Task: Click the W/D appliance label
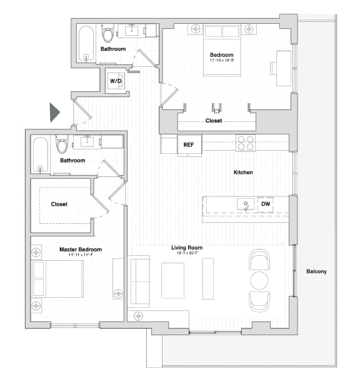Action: (x=116, y=81)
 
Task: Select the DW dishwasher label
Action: (x=265, y=204)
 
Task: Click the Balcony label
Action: (x=316, y=271)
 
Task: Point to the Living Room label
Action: (x=187, y=248)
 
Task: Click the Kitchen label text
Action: (x=243, y=172)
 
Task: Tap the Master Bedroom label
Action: (x=81, y=250)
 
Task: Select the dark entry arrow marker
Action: (x=54, y=112)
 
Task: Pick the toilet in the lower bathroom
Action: (x=62, y=145)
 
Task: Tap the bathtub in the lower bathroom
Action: (x=41, y=154)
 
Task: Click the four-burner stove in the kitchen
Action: (x=245, y=143)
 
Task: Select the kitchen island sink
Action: (x=246, y=204)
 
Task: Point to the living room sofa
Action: (x=139, y=281)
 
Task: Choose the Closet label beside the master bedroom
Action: (x=59, y=204)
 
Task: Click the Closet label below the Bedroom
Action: (x=213, y=121)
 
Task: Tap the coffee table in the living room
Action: (x=173, y=280)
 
